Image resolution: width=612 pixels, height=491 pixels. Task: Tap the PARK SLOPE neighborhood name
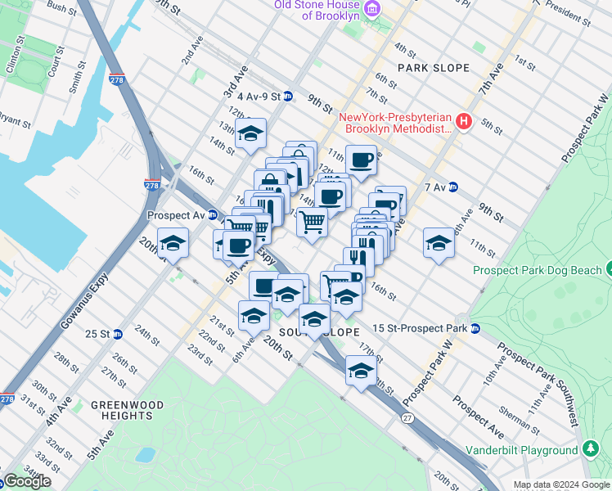click(434, 68)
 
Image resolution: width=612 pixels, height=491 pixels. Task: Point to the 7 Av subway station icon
click(452, 187)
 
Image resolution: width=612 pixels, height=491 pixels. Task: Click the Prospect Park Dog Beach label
click(536, 270)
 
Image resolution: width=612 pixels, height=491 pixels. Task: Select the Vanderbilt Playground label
click(522, 450)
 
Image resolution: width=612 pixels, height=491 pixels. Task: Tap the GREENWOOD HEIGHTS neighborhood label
click(127, 410)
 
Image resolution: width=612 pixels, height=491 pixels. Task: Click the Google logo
click(27, 481)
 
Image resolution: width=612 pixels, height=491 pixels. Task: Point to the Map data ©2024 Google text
click(561, 484)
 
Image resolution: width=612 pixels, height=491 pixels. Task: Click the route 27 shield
click(408, 418)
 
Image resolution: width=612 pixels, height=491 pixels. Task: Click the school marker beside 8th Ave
click(439, 242)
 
